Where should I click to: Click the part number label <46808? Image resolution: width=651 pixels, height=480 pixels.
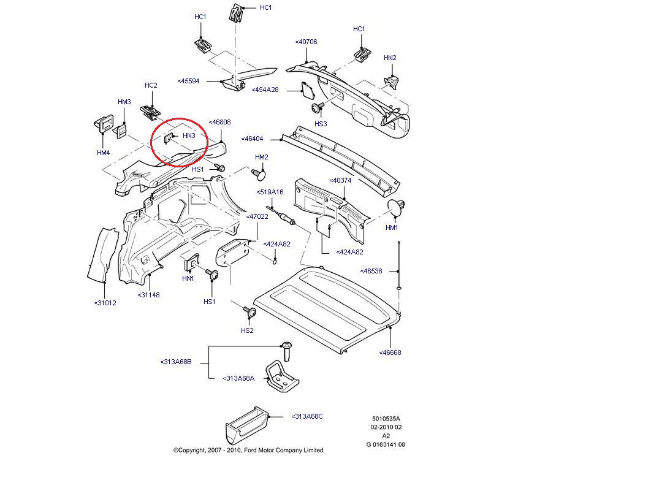(219, 122)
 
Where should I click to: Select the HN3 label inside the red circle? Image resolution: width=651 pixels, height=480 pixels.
(189, 135)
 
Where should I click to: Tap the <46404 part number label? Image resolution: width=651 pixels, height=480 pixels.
(252, 139)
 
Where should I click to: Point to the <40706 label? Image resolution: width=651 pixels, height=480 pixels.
(306, 42)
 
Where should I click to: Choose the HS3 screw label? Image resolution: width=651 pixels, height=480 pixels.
(321, 124)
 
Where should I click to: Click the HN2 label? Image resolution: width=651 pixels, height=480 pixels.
(390, 58)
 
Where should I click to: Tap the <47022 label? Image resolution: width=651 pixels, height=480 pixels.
(257, 216)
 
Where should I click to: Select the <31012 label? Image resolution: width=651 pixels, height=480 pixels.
(105, 303)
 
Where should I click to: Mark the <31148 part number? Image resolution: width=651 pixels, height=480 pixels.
(148, 295)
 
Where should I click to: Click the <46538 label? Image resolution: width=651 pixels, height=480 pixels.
(371, 270)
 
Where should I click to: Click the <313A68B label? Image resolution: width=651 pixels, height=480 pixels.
(176, 362)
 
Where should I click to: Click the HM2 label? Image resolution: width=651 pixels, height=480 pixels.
(262, 158)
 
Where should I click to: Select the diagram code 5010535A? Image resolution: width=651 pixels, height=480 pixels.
(384, 419)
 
